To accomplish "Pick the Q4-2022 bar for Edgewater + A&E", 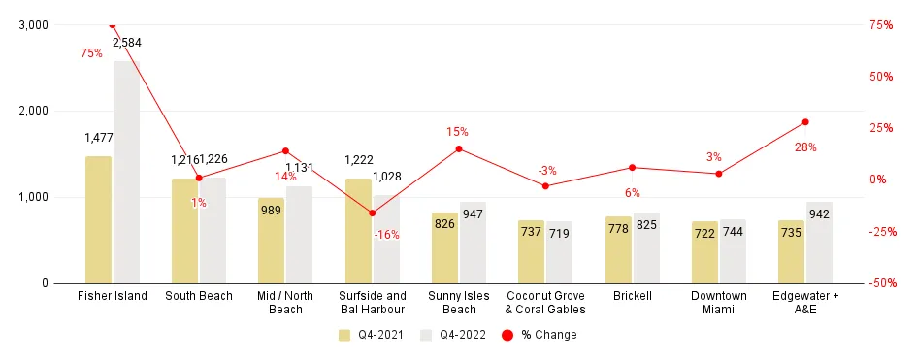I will click(x=819, y=243).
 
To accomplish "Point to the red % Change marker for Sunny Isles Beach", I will click(x=459, y=148).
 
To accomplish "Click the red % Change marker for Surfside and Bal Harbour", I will click(x=372, y=213).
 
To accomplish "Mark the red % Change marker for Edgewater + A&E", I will click(x=805, y=122).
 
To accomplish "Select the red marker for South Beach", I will click(x=199, y=178).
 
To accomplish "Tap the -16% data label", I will click(x=386, y=234).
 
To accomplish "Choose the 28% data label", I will click(x=805, y=147).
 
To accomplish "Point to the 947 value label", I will click(x=474, y=213).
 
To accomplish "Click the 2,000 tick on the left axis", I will click(x=33, y=111).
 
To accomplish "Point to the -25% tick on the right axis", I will click(x=881, y=232).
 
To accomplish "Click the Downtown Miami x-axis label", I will click(x=719, y=302).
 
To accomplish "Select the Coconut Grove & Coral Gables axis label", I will click(x=545, y=302).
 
